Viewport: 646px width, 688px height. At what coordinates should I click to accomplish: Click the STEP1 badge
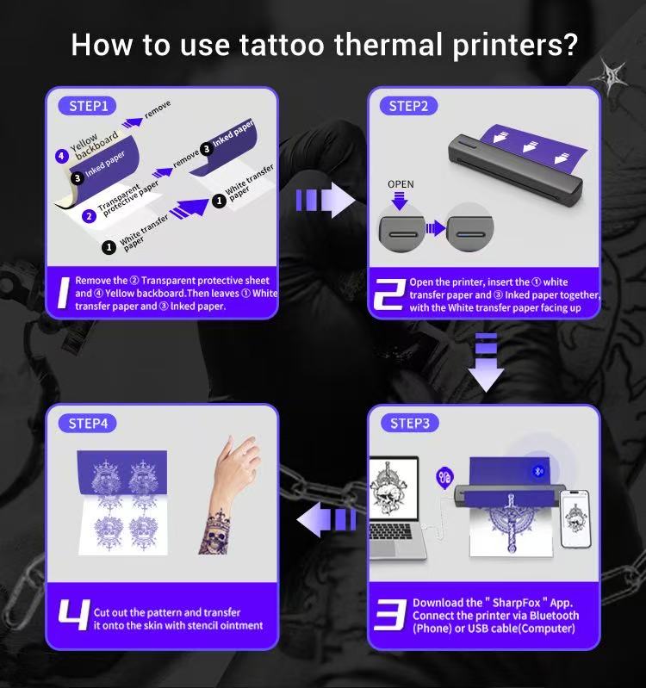coord(89,107)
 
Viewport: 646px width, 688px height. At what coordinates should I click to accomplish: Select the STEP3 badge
coord(408,423)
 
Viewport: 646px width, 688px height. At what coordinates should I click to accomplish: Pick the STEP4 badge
coord(89,424)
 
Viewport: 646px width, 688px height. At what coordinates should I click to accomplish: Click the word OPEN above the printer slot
coord(401,184)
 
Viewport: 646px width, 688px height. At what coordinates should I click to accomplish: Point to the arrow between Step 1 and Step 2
coord(325,201)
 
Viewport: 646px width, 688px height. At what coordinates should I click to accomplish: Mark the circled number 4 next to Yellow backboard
coord(61,156)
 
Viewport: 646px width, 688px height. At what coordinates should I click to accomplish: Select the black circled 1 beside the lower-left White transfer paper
coord(109,247)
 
